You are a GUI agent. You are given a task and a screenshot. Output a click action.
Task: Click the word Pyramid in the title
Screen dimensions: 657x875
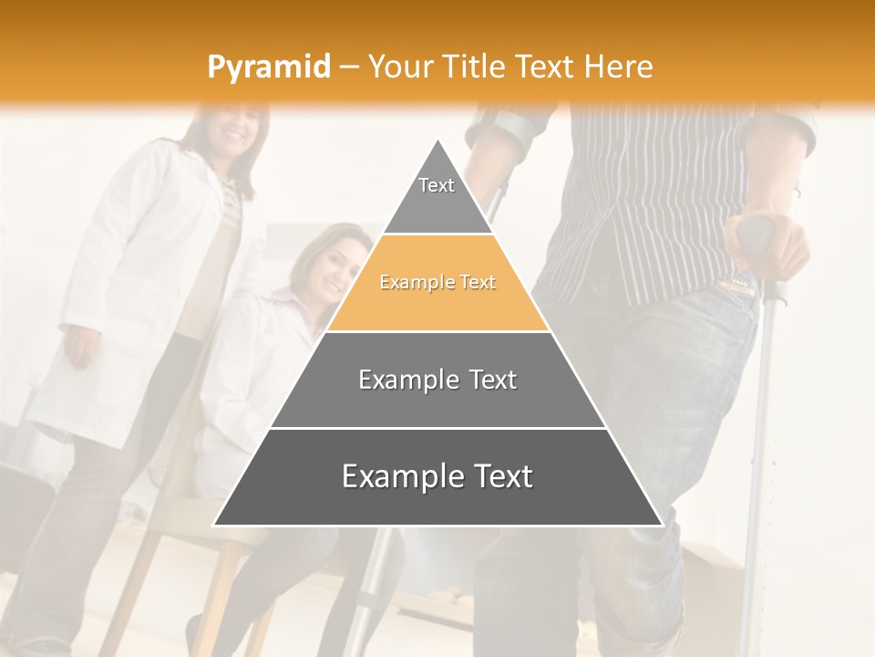[269, 67]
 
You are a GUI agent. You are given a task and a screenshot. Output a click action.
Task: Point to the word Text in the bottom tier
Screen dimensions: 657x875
[497, 477]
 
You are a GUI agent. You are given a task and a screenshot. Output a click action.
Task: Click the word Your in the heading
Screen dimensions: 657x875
[399, 67]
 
